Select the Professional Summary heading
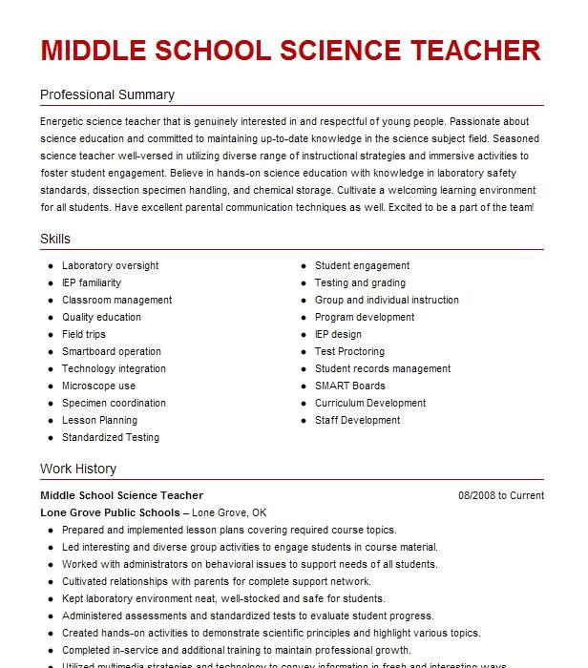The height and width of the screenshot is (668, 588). (x=107, y=95)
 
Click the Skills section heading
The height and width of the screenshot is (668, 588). (x=55, y=239)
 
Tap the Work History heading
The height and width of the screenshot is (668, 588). (x=78, y=469)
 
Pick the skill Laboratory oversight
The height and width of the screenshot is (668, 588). (x=110, y=265)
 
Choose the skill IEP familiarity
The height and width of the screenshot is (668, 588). (x=92, y=282)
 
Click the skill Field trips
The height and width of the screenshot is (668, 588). (x=84, y=334)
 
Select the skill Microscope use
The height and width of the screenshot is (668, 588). (x=98, y=386)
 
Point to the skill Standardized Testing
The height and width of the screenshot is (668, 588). (x=111, y=437)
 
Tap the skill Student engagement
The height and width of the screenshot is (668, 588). (x=362, y=265)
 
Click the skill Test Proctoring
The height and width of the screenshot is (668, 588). (x=349, y=351)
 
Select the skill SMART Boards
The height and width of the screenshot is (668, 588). (x=349, y=386)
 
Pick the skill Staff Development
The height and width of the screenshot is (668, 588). (x=357, y=420)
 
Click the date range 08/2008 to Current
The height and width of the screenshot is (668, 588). (x=501, y=495)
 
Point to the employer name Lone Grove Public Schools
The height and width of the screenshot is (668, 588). (x=110, y=512)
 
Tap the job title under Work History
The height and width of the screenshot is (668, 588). (x=121, y=495)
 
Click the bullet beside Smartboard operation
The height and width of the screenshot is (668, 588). (x=50, y=352)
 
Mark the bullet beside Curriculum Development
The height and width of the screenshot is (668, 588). (x=303, y=404)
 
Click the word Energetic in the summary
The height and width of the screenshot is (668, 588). (x=64, y=122)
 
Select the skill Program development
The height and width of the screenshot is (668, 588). (x=365, y=317)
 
